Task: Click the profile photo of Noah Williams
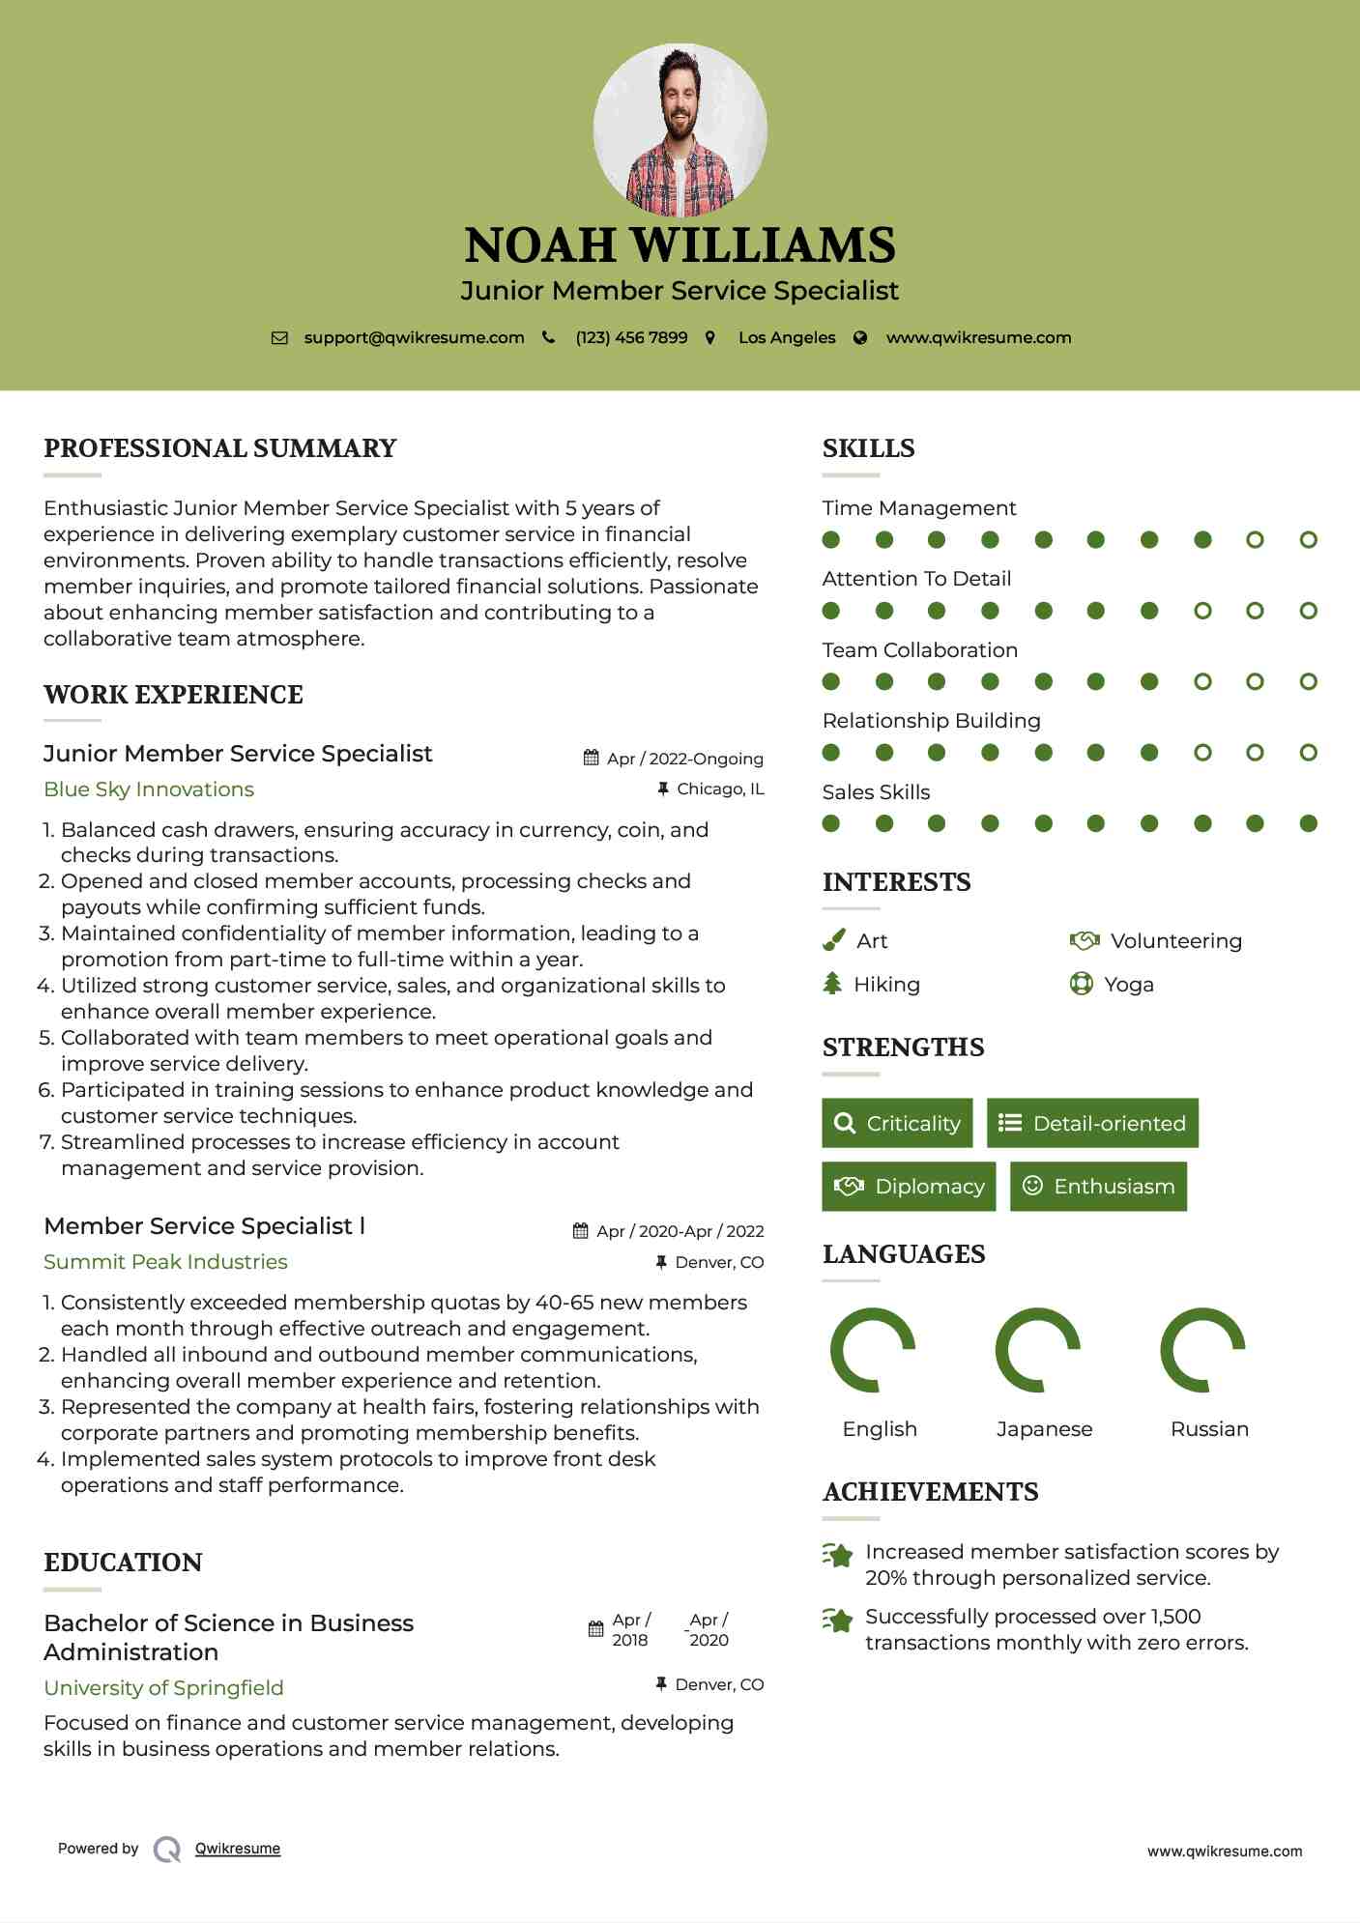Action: pyautogui.click(x=680, y=129)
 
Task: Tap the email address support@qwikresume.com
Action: pyautogui.click(x=414, y=337)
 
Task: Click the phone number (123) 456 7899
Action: pyautogui.click(x=631, y=337)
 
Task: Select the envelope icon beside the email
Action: pyautogui.click(x=279, y=338)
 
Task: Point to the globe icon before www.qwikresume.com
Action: pyautogui.click(x=860, y=338)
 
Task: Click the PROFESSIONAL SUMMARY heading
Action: pyautogui.click(x=220, y=448)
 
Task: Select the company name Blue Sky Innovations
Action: pyautogui.click(x=149, y=789)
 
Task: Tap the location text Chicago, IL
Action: pyautogui.click(x=720, y=789)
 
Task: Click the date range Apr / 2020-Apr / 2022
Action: pyautogui.click(x=680, y=1231)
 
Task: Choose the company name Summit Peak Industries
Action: pyautogui.click(x=165, y=1262)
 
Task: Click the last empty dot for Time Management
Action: pyautogui.click(x=1308, y=540)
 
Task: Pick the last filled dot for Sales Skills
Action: pyautogui.click(x=1308, y=823)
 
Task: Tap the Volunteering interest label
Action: pyautogui.click(x=1175, y=941)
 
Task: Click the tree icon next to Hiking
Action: pyautogui.click(x=832, y=984)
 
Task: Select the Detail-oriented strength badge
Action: pyautogui.click(x=1092, y=1123)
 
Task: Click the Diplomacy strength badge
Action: pyautogui.click(x=908, y=1187)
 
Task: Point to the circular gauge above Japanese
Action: pyautogui.click(x=1038, y=1350)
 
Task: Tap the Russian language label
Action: pyautogui.click(x=1209, y=1429)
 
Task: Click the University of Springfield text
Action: pyautogui.click(x=163, y=1688)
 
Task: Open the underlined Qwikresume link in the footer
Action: pyautogui.click(x=238, y=1849)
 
